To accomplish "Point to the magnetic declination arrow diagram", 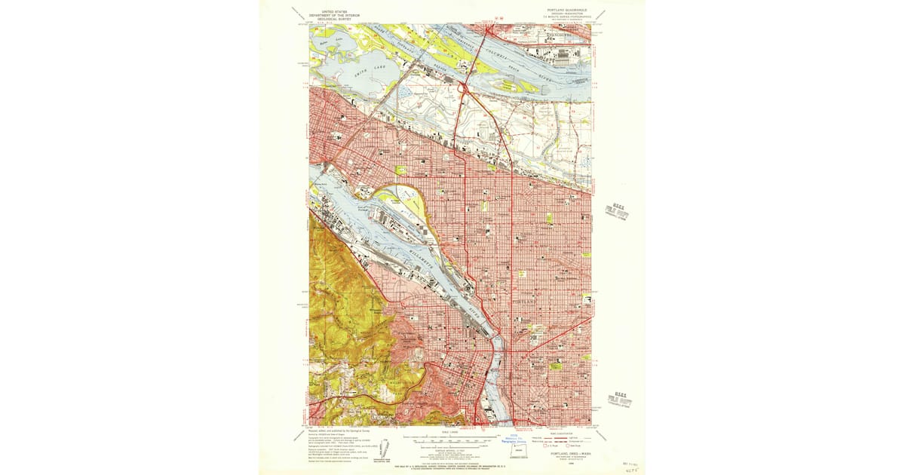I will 385,444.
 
